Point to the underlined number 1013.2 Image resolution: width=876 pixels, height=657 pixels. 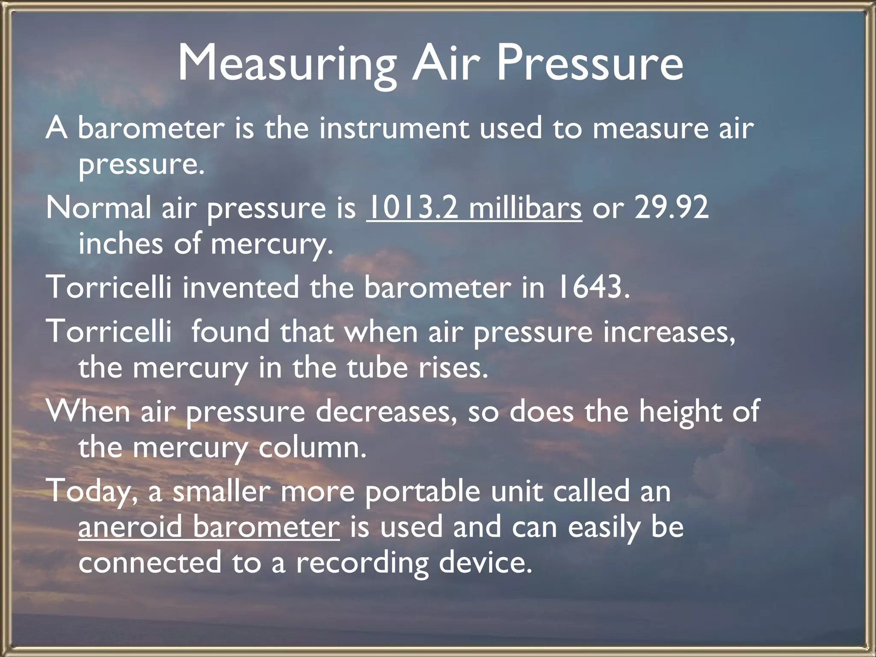tap(412, 208)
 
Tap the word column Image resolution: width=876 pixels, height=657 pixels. tap(313, 447)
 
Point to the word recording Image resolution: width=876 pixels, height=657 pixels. tap(362, 563)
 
